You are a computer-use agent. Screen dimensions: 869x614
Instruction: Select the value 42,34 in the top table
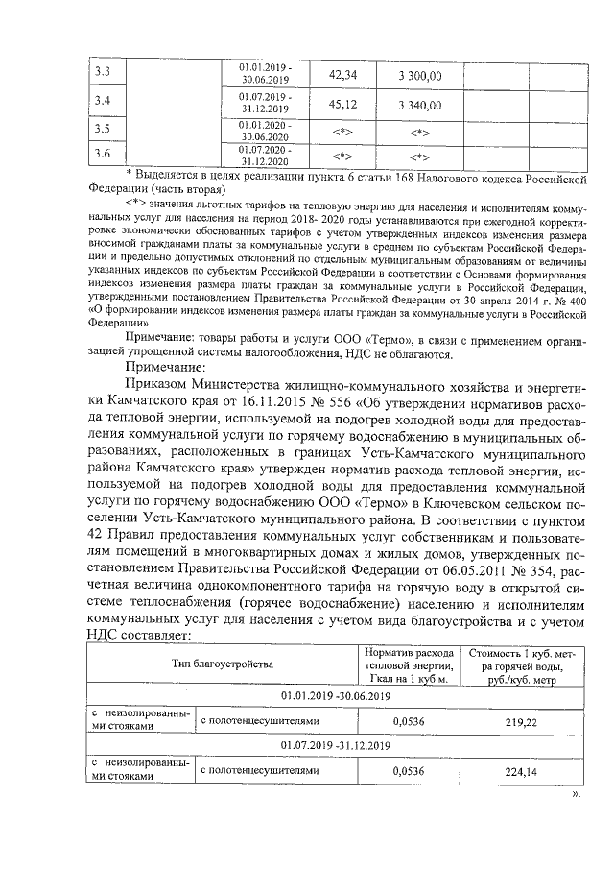[342, 74]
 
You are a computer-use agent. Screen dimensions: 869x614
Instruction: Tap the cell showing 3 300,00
[419, 75]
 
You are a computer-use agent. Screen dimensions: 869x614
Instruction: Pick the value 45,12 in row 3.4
[342, 104]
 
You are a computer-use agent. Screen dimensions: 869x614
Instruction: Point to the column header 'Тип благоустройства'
[223, 664]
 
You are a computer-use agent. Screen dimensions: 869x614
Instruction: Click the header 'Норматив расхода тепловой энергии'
[408, 664]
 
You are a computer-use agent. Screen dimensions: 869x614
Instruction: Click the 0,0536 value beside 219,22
[409, 720]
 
